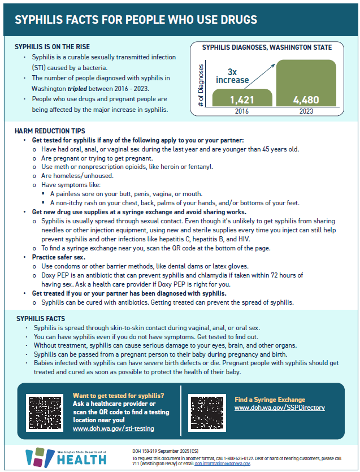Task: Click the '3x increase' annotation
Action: coord(232,76)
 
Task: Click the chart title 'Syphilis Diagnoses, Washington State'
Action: coord(267,47)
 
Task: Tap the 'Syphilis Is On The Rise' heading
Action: coord(52,46)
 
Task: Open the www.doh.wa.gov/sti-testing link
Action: coord(114,428)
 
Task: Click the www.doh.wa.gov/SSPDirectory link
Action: coord(279,408)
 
